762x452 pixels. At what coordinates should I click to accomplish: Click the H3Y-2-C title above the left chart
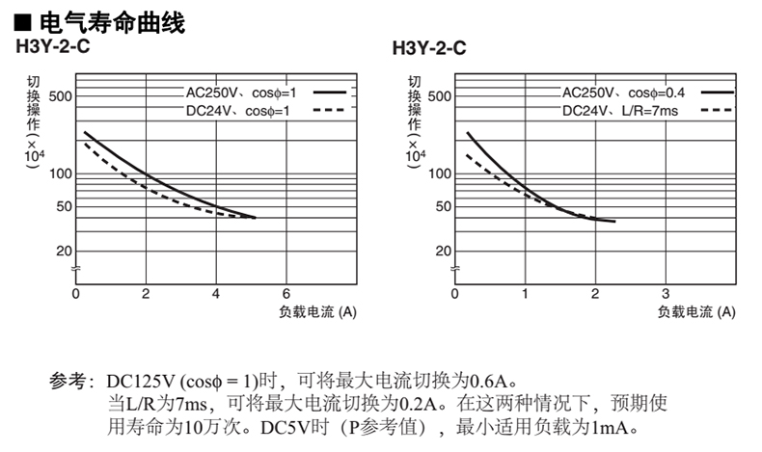(x=51, y=45)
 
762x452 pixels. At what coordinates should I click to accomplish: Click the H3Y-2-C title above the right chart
(x=429, y=47)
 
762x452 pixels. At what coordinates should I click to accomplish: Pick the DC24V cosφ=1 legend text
(x=238, y=111)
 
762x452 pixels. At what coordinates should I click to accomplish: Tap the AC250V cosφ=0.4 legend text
(x=623, y=93)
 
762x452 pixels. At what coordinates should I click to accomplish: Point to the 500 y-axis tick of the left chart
(x=60, y=96)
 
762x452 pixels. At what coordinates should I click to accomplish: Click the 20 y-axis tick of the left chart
(x=64, y=251)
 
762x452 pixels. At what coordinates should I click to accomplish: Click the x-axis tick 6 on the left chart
(x=286, y=293)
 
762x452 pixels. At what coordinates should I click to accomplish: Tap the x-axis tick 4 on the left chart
(x=216, y=293)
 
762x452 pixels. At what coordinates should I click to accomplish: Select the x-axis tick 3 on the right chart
(x=665, y=293)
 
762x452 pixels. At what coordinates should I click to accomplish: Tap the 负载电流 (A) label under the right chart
(x=696, y=311)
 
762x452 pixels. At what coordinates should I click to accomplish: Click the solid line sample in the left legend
(x=330, y=93)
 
